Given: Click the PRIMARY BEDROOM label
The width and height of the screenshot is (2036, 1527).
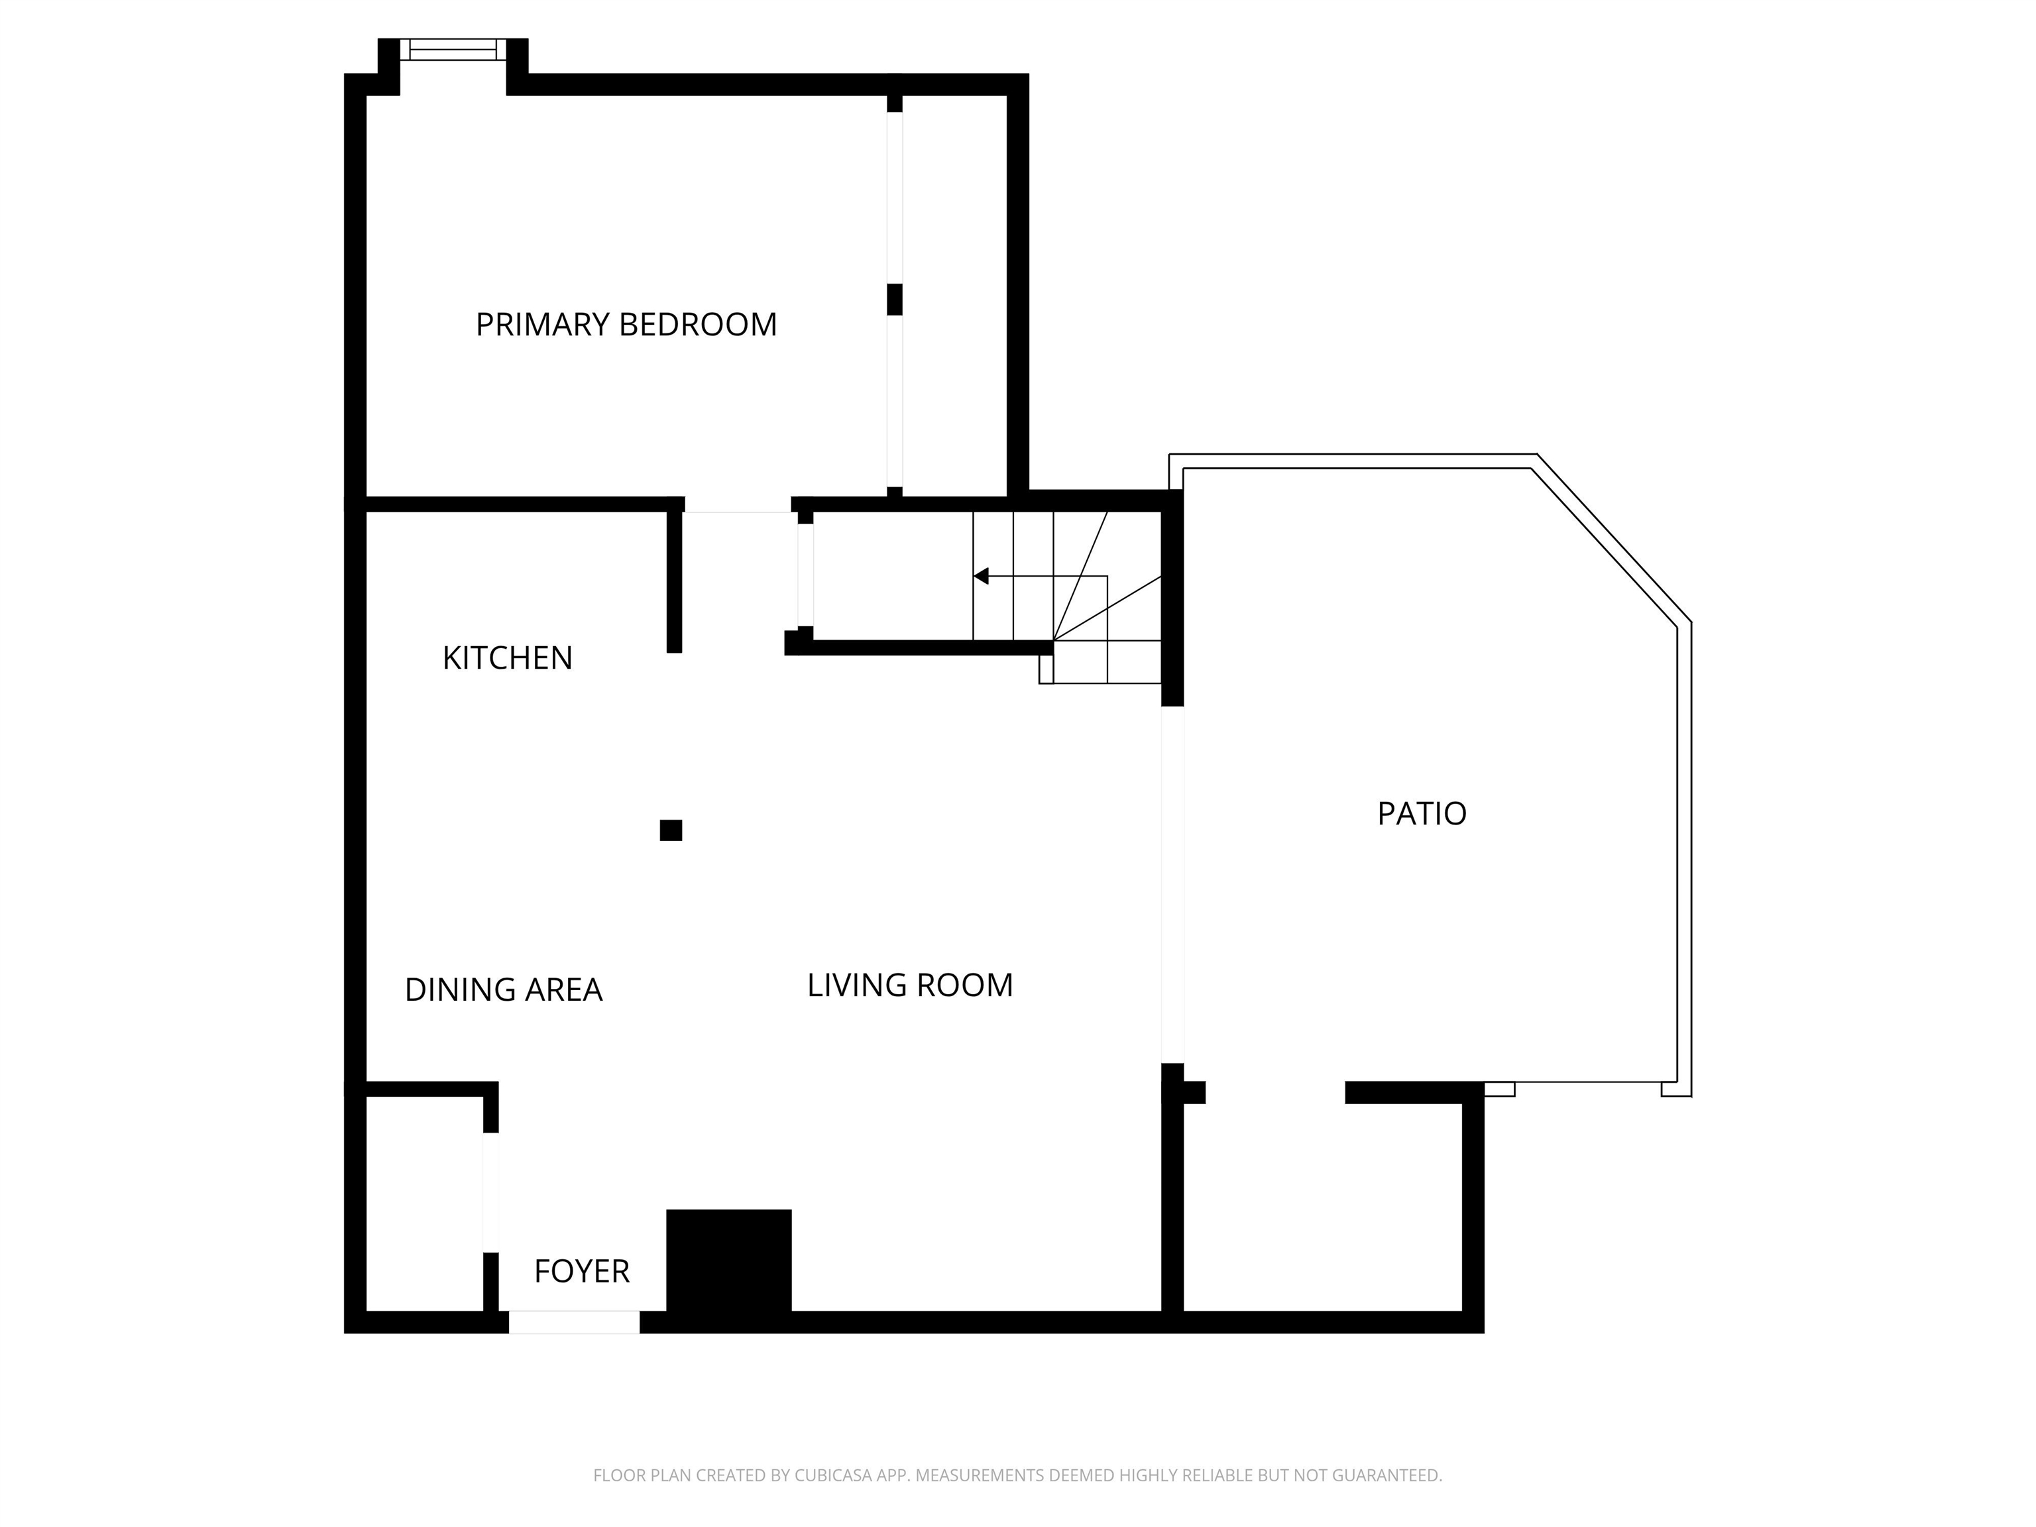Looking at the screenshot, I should tap(626, 325).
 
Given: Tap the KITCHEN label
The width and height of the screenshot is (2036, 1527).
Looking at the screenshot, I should tap(507, 658).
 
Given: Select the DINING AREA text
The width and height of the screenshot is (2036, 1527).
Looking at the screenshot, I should tap(504, 990).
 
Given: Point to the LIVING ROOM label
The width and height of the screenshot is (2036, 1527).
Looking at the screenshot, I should tap(909, 985).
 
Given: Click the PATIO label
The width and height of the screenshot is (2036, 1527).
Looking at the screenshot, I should tap(1421, 814).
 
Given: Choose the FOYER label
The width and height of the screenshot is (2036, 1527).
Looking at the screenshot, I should tap(582, 1271).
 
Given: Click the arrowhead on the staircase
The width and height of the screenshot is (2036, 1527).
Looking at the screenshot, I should tap(981, 576).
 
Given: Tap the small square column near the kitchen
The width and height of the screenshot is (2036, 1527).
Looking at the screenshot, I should tap(671, 830).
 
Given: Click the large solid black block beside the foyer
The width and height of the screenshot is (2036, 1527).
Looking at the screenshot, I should tap(728, 1260).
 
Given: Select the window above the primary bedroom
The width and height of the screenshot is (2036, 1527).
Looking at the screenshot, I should tap(453, 49).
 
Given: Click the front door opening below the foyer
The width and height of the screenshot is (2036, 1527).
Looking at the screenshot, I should tap(575, 1322).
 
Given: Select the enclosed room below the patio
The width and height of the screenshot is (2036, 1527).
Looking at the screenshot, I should tap(1322, 1206).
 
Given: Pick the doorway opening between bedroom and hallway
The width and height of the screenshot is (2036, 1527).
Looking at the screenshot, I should tap(738, 506).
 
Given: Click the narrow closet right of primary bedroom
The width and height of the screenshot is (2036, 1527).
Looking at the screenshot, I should tap(954, 294).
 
